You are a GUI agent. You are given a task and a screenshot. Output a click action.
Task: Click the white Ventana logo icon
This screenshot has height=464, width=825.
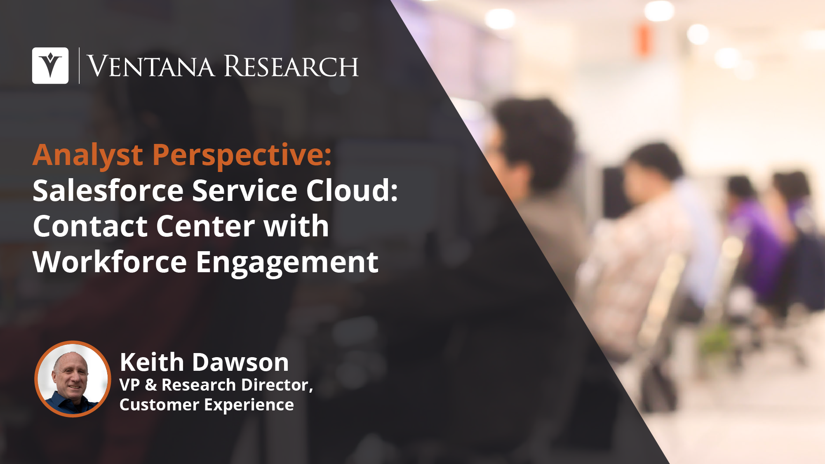[50, 66]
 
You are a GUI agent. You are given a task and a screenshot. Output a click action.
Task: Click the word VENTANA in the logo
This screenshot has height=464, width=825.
[151, 66]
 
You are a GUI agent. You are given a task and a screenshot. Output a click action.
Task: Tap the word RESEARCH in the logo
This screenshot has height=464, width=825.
[291, 66]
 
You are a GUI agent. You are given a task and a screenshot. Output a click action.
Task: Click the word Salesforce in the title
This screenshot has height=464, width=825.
[108, 191]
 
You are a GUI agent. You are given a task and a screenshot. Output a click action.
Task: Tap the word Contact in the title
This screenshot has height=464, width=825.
[90, 226]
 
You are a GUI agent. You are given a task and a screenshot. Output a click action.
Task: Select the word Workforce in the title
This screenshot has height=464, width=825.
[110, 262]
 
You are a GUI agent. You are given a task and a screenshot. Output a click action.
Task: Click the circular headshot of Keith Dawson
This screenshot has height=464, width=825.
[73, 379]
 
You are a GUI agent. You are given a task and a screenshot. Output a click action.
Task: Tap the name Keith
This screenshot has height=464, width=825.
[152, 362]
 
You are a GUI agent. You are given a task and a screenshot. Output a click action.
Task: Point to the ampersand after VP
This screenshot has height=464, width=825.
[151, 385]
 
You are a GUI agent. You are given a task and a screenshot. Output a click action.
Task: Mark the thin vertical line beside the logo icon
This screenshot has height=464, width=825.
[79, 66]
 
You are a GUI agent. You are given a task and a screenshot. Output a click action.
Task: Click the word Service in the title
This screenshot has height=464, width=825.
[244, 191]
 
